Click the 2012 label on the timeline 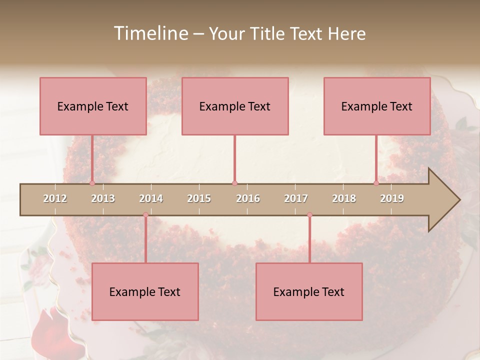click(x=55, y=198)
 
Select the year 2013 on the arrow click(x=103, y=198)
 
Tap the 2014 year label click(x=151, y=198)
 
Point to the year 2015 click(x=199, y=198)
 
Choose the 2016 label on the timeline click(x=248, y=198)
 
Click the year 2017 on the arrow click(x=296, y=198)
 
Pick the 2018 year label click(x=344, y=198)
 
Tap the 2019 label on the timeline click(x=392, y=198)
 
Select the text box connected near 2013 click(x=93, y=106)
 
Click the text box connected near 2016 click(x=235, y=106)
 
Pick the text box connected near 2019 click(x=377, y=106)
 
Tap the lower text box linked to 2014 click(x=145, y=291)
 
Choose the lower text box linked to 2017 click(x=309, y=291)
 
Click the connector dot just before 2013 click(x=92, y=183)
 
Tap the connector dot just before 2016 click(x=234, y=183)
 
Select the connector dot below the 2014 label click(x=145, y=215)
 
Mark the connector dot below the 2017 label click(x=309, y=215)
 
